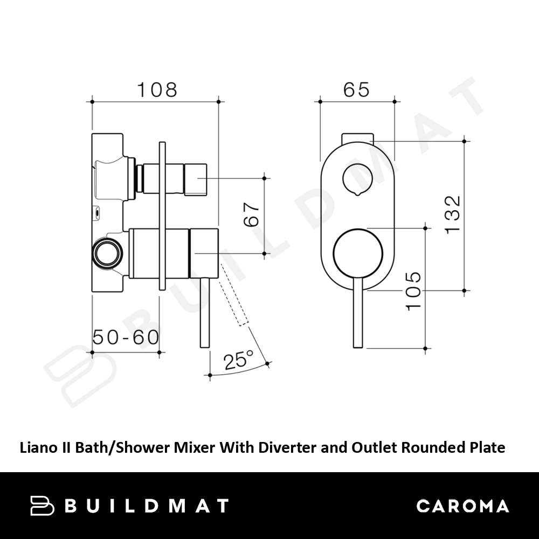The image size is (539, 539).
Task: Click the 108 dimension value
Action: coord(157,89)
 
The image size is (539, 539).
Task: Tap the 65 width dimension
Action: coord(356,89)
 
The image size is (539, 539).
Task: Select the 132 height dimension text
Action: coord(452,215)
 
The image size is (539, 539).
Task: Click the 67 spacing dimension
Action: coord(251,215)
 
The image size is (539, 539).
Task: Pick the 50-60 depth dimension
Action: coord(126,337)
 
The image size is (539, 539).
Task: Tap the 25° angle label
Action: coord(238,360)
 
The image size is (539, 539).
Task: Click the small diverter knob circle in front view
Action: coord(357,179)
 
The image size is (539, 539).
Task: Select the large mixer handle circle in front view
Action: coord(357,253)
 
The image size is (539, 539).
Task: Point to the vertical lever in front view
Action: coord(358,312)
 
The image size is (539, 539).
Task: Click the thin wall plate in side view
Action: coord(162,216)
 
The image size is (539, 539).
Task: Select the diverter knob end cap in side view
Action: coord(195,179)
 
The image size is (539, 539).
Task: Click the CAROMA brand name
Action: coord(462,506)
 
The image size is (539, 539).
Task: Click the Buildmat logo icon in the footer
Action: coord(42,506)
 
